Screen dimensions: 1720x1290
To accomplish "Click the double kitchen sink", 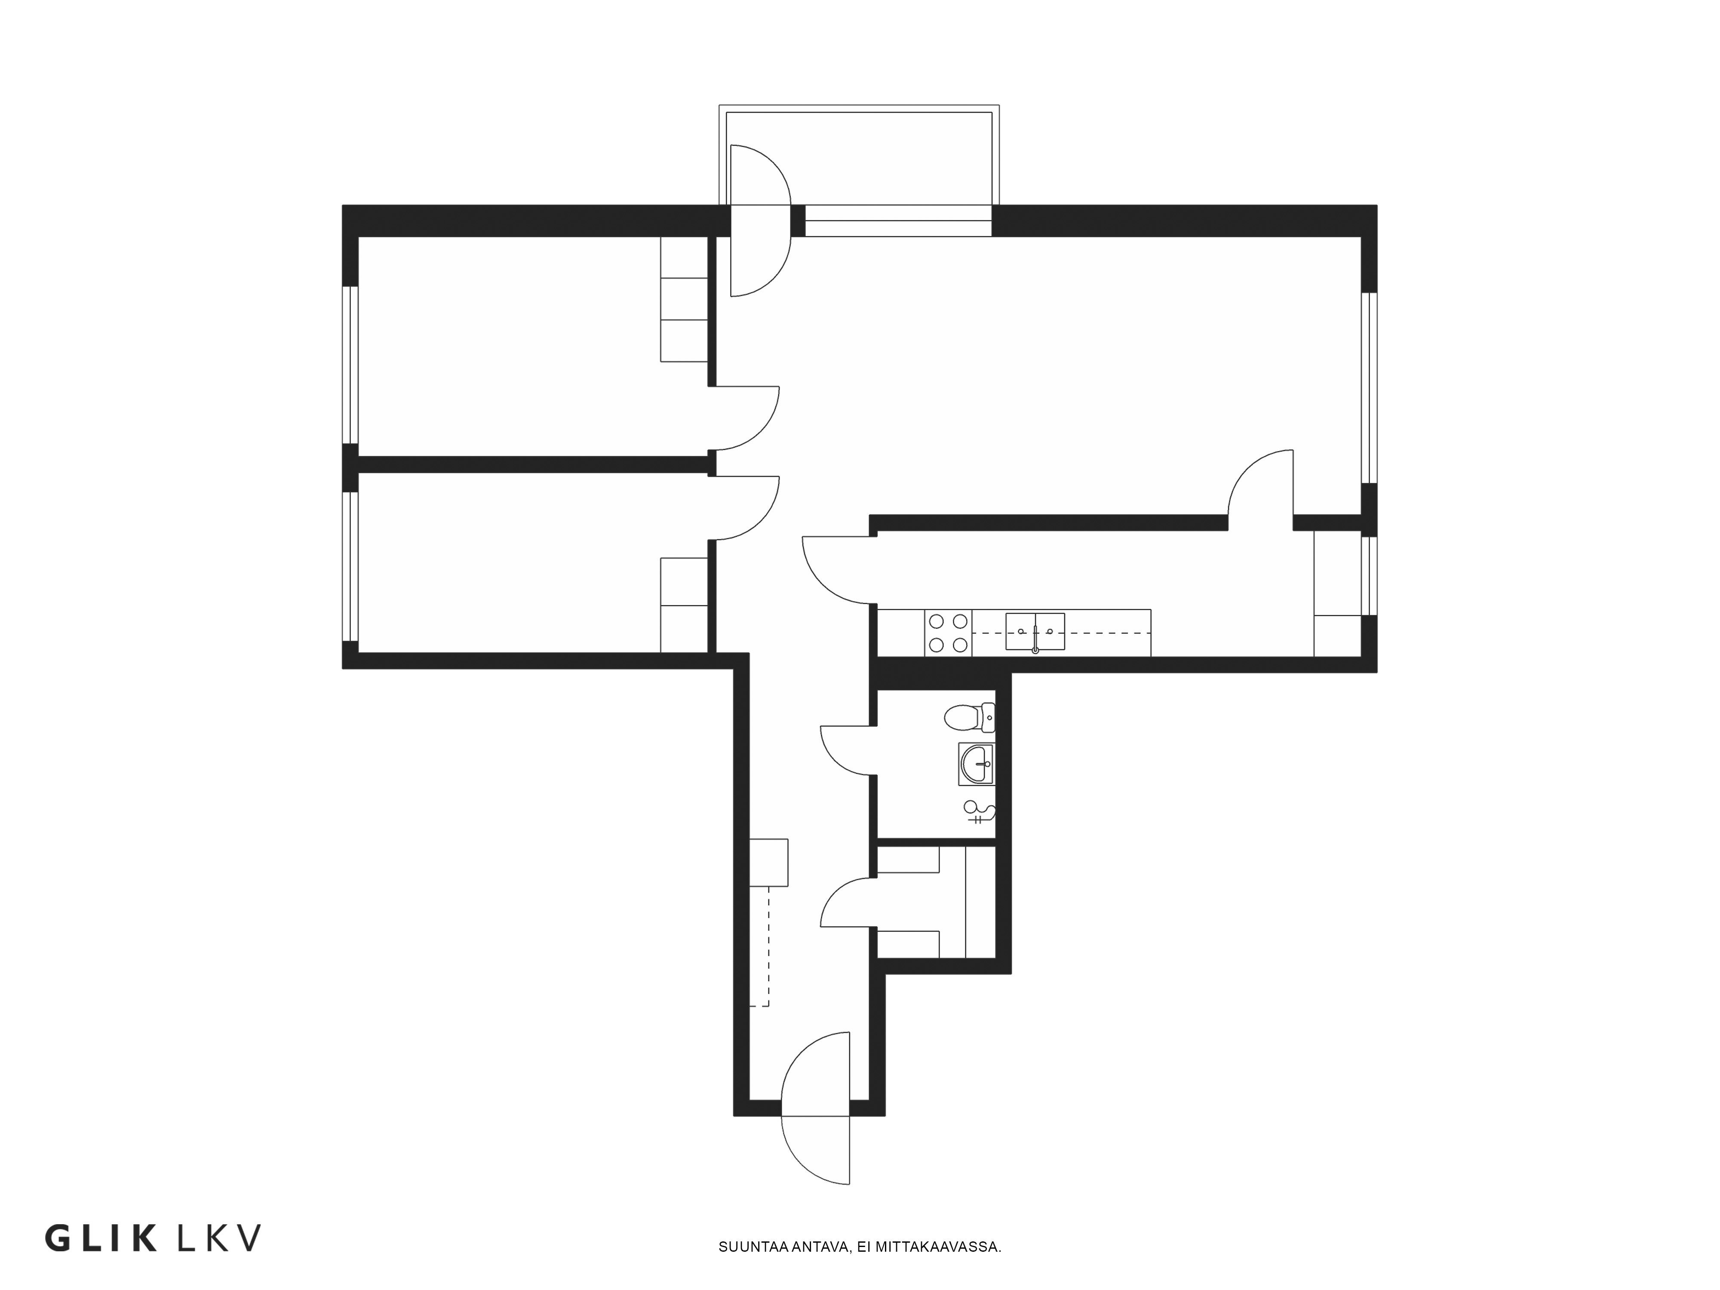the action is tap(1035, 631).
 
